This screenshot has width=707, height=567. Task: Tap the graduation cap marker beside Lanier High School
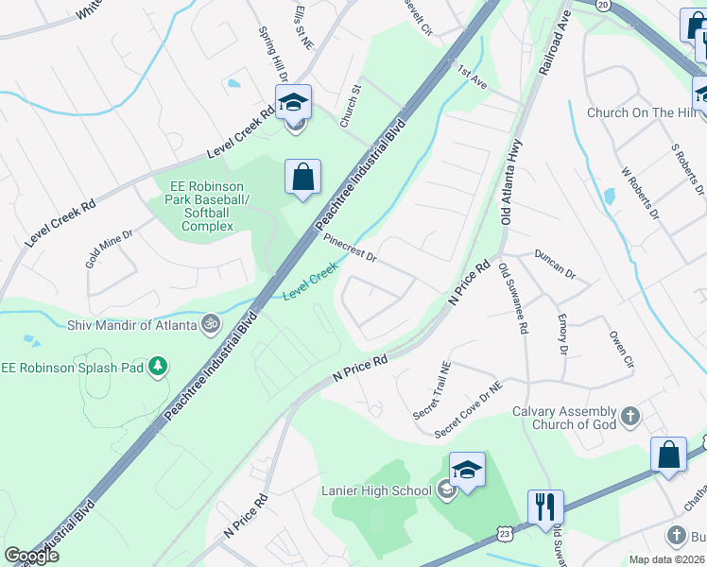click(x=467, y=471)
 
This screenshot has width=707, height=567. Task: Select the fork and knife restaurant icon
click(x=545, y=507)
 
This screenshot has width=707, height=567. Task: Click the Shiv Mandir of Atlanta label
click(x=131, y=325)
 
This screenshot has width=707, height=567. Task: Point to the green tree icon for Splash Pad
click(x=159, y=366)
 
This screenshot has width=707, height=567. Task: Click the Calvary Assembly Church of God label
click(x=564, y=418)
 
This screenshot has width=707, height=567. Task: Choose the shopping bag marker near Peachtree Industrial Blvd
click(x=302, y=177)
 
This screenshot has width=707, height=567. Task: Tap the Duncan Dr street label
click(x=555, y=264)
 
